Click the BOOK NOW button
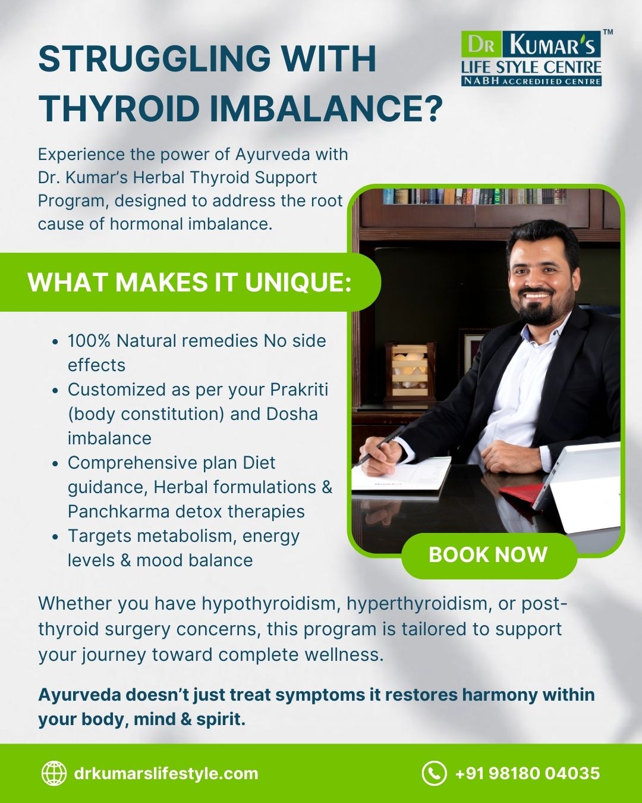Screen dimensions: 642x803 point(489,555)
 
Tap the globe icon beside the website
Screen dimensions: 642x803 point(54,773)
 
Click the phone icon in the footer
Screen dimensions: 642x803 point(434,773)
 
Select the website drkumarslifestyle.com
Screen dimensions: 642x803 point(166,773)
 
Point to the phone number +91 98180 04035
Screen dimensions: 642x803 point(527,773)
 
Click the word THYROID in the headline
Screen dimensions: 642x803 point(119,109)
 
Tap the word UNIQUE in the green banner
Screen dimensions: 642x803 point(298,282)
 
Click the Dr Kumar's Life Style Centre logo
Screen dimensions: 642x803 point(531,58)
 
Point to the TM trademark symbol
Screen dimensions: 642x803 point(608,33)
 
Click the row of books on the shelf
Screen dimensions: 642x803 point(474,196)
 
